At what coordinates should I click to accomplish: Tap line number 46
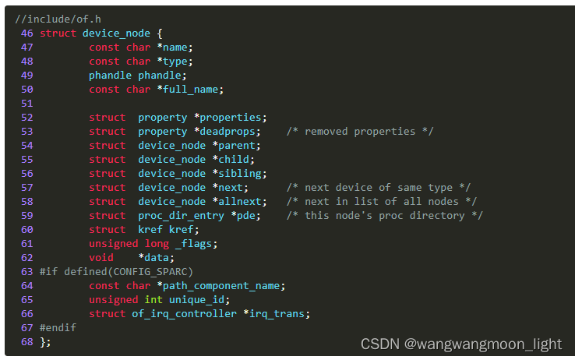(x=27, y=34)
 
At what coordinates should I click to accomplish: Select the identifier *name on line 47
(x=173, y=48)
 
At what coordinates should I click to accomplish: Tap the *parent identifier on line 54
(x=237, y=146)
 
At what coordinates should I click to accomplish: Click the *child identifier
(x=234, y=160)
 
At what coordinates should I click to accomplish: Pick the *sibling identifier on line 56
(x=240, y=174)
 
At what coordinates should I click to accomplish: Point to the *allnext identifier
(x=240, y=202)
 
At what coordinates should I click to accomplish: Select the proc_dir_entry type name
(x=182, y=216)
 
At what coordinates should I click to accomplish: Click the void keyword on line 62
(x=101, y=258)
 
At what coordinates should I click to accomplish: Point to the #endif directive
(x=58, y=328)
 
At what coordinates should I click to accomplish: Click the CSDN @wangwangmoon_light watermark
(x=461, y=344)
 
